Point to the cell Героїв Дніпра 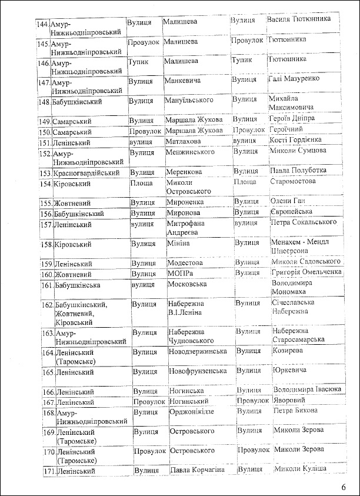(x=292, y=119)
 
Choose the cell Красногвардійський (x=86, y=173)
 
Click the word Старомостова (x=293, y=181)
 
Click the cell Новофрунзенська (x=198, y=371)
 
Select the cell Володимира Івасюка (x=308, y=390)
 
